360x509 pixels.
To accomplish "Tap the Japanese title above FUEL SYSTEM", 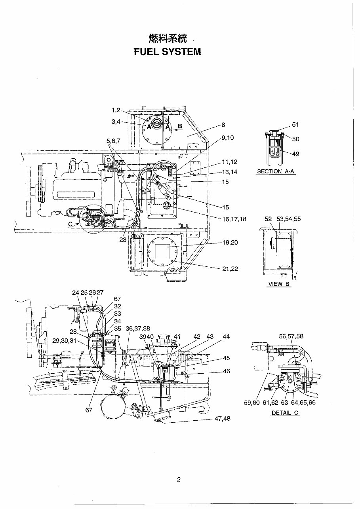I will pyautogui.click(x=167, y=38).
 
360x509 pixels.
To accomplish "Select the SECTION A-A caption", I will pyautogui.click(x=276, y=171).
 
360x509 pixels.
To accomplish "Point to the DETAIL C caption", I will pyautogui.click(x=285, y=413).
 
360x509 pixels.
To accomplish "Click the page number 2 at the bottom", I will pyautogui.click(x=179, y=480).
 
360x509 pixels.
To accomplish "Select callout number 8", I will pyautogui.click(x=223, y=125).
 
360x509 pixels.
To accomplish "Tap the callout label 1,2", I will pyautogui.click(x=116, y=110).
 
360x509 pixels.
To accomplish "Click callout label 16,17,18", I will pyautogui.click(x=234, y=219).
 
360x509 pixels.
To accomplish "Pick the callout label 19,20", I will pyautogui.click(x=230, y=243).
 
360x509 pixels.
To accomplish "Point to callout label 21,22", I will pyautogui.click(x=230, y=269).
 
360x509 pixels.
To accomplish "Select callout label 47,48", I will pyautogui.click(x=222, y=418).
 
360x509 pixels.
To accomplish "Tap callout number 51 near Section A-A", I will pyautogui.click(x=295, y=125).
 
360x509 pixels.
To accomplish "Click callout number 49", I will pyautogui.click(x=295, y=154).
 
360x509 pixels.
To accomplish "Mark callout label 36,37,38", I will pyautogui.click(x=137, y=329).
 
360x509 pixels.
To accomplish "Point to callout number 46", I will pyautogui.click(x=226, y=371).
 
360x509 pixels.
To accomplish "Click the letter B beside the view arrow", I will pyautogui.click(x=179, y=126).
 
